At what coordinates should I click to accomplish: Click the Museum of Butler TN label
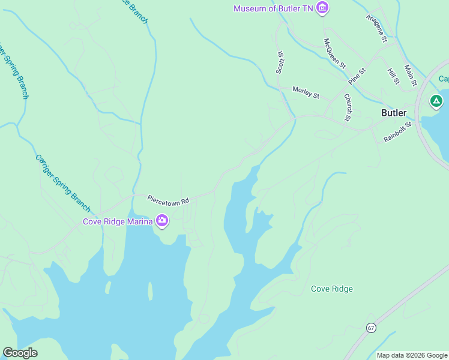tap(273, 8)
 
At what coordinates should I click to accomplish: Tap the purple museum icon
tap(323, 8)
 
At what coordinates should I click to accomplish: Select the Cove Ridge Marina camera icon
tap(161, 221)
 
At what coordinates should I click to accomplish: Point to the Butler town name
tap(394, 113)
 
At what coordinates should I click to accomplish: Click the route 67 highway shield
tap(371, 328)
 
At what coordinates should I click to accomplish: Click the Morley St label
tap(306, 92)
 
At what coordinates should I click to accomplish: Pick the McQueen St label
tap(335, 53)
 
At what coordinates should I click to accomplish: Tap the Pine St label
tap(357, 76)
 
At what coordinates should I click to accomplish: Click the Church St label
tap(347, 107)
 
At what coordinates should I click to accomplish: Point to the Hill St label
tap(393, 76)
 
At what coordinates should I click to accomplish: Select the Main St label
tap(411, 76)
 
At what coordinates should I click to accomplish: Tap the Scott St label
tap(280, 62)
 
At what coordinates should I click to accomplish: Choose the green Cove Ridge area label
tap(332, 289)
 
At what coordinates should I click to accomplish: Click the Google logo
tap(20, 353)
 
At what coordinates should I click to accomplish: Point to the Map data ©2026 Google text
tap(412, 355)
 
